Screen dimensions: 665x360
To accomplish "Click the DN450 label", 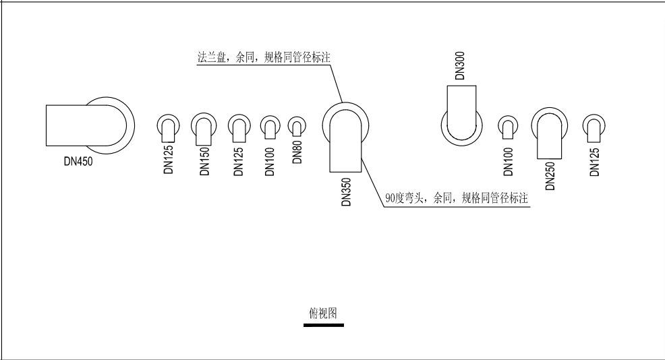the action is point(78,161).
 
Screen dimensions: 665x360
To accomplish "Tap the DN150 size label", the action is point(205,161).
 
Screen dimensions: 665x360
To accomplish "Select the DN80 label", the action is point(297,152).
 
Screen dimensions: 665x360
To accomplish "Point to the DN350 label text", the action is point(347,192).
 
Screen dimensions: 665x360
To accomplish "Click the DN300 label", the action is point(460,65).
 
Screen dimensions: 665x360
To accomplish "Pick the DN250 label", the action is point(550,176).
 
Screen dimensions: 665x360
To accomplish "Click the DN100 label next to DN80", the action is point(270,162).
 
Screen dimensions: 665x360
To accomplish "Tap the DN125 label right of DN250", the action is point(595,162).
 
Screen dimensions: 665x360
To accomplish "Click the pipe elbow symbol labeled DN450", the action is point(90,125).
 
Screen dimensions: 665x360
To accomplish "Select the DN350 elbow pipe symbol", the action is point(345,137).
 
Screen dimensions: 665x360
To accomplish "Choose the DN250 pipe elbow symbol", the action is point(550,133).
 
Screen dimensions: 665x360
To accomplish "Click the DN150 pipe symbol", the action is point(204,129).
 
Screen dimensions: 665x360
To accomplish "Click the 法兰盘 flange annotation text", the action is point(264,57).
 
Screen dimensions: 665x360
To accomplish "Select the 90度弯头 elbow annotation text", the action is point(457,198).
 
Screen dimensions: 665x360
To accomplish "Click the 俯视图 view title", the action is point(323,313).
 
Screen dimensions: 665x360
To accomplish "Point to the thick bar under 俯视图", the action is point(324,325).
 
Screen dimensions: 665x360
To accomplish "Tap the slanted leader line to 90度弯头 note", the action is point(373,181).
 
